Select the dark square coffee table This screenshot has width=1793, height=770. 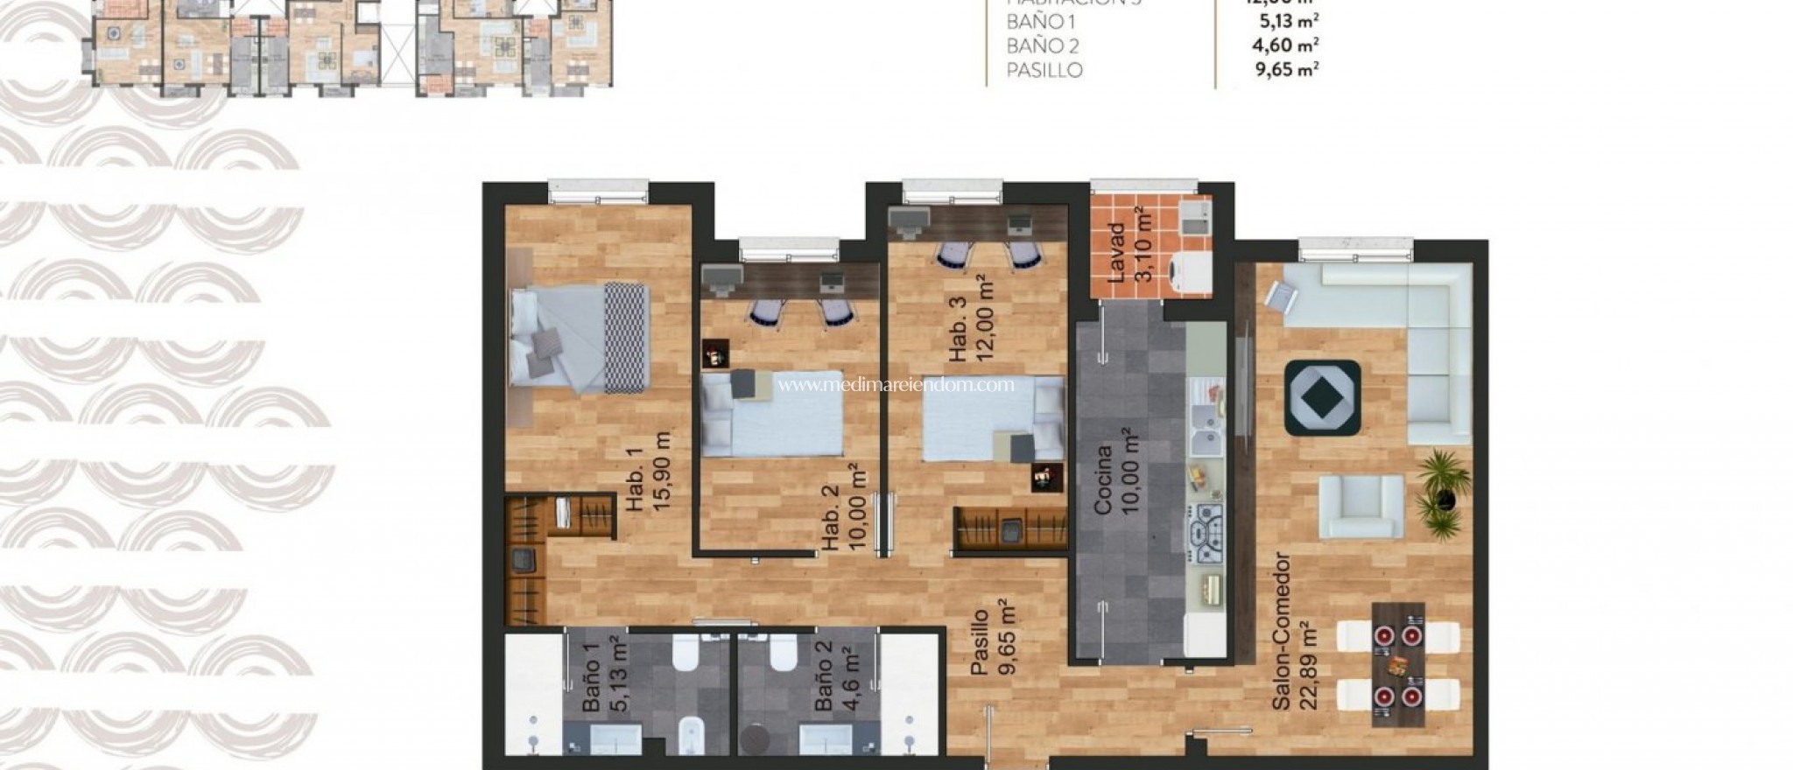tap(1322, 397)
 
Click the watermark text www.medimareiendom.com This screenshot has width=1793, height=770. tap(896, 384)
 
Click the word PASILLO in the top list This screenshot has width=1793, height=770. tap(1044, 70)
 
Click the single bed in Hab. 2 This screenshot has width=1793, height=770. tap(770, 415)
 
